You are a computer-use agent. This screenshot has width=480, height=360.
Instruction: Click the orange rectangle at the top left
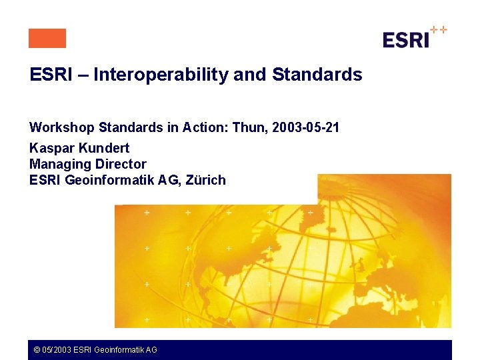[x=47, y=39]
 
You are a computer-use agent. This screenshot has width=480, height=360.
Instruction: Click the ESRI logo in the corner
[x=406, y=40]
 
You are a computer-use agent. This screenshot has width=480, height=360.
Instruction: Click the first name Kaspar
[x=51, y=148]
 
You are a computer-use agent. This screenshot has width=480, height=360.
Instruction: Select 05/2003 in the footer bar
[x=56, y=349]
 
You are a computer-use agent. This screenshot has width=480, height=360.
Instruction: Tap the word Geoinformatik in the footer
[x=117, y=349]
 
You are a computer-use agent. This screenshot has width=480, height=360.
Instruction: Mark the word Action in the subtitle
[x=206, y=127]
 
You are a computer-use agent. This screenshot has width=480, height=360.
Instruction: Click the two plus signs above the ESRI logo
[x=439, y=30]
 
